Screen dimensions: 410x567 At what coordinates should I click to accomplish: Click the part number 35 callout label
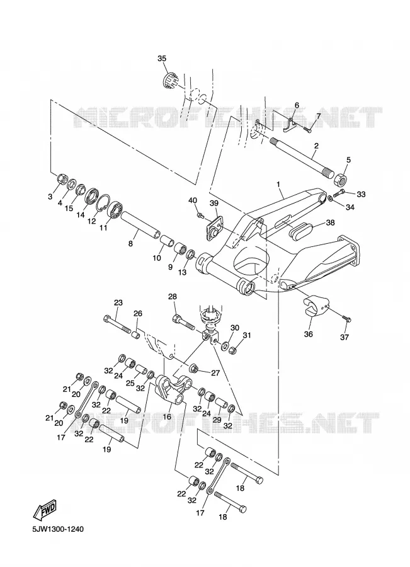pos(162,59)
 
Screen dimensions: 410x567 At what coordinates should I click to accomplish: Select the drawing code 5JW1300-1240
pos(58,529)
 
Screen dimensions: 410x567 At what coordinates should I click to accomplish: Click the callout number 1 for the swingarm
pos(278,184)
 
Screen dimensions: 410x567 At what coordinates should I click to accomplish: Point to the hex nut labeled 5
pos(340,178)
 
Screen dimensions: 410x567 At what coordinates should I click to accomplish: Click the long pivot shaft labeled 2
pos(302,157)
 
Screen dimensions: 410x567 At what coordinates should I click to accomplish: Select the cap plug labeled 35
pos(169,80)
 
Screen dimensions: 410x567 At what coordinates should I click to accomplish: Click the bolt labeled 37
pos(346,319)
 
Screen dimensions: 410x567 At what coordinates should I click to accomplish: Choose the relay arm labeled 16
pos(174,391)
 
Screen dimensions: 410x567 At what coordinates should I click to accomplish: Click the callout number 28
pos(173,297)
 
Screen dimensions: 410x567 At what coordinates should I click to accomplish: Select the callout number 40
pos(193,201)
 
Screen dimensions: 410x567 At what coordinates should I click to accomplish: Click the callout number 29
pos(217,420)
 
